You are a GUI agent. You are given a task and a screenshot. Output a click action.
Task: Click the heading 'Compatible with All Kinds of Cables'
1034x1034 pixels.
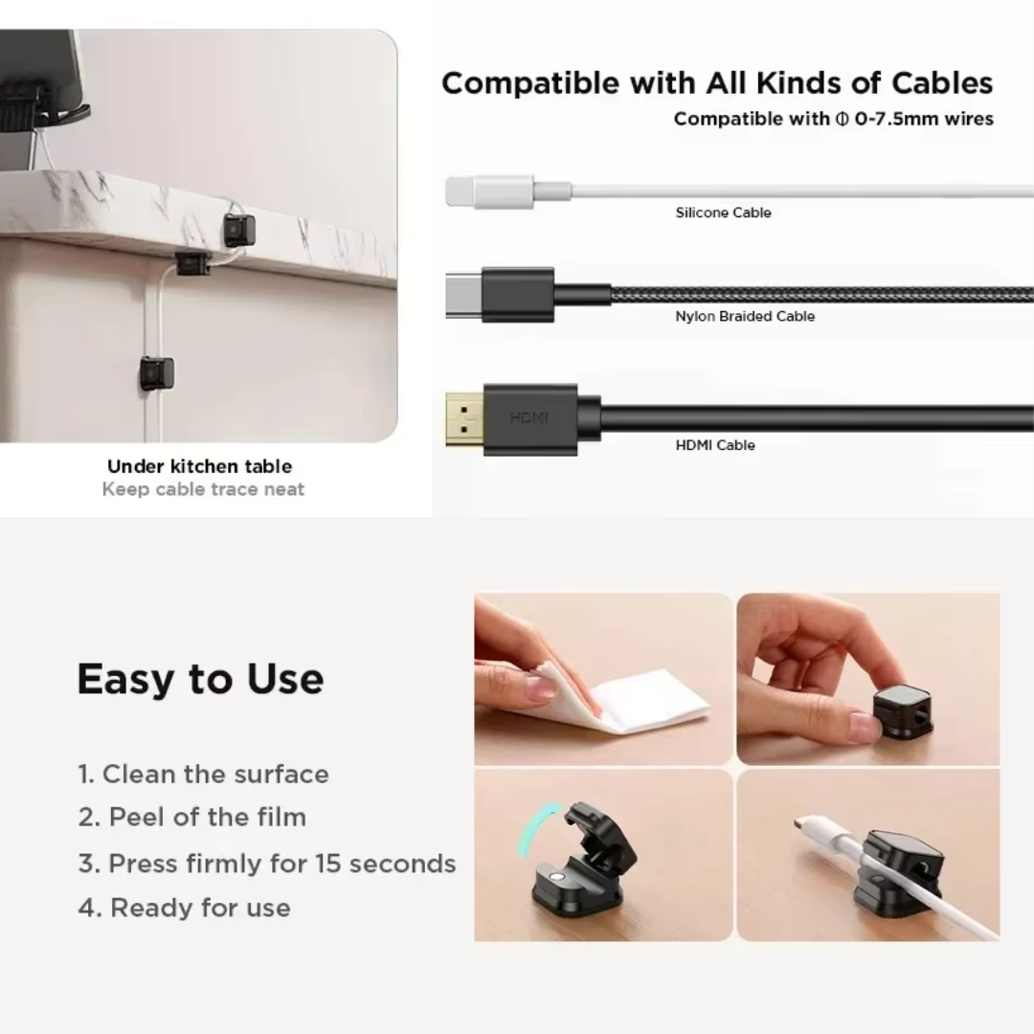point(717,83)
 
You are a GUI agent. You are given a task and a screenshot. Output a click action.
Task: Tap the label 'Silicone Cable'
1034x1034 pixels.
point(723,213)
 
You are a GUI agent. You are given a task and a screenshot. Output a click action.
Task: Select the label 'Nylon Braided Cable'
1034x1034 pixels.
point(745,316)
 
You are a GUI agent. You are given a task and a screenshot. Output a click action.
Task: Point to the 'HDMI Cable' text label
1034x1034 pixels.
point(715,445)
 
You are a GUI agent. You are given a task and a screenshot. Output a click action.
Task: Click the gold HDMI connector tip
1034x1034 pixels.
point(464,419)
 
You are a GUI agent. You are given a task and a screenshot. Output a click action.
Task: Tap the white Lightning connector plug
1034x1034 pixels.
point(488,191)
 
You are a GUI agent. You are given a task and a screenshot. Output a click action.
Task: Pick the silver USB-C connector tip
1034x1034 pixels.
point(463,295)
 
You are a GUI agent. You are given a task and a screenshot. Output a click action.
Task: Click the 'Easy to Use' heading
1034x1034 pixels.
point(200,679)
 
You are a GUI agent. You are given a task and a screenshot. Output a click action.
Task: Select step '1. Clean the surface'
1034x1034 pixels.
point(203,774)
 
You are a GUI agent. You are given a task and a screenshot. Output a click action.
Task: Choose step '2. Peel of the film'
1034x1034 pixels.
point(191,817)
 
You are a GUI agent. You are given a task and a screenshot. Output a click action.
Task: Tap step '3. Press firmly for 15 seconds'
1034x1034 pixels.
point(266,864)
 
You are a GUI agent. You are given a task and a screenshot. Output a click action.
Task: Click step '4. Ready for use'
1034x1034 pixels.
point(184,908)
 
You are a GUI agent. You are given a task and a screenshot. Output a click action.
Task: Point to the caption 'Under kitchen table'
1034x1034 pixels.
point(200,466)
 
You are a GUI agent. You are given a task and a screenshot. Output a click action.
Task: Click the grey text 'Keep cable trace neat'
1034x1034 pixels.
point(203,489)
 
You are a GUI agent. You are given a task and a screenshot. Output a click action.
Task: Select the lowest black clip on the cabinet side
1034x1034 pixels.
point(157,373)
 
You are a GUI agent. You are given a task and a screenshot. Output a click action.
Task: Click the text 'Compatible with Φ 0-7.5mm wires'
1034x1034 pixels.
point(834,119)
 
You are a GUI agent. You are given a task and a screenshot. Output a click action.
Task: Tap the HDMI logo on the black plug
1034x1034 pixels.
point(528,417)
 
